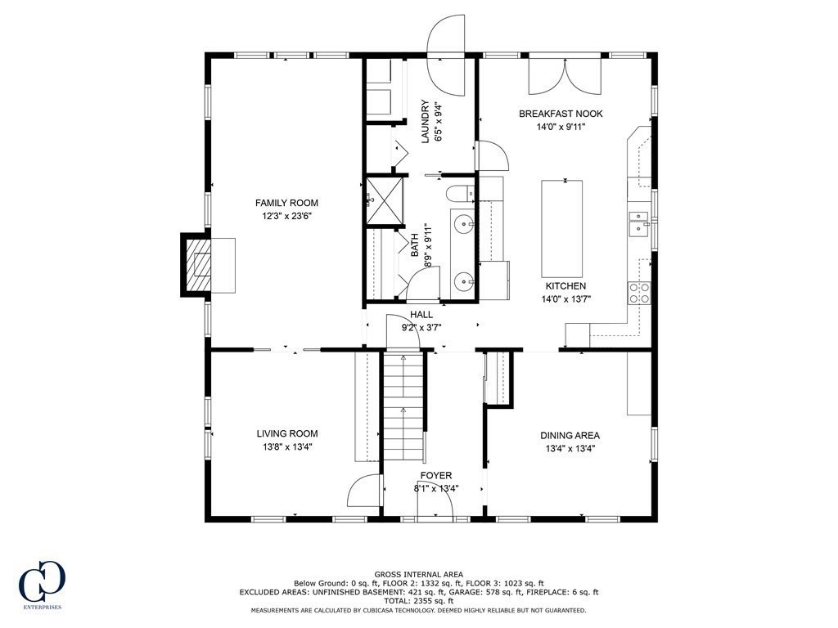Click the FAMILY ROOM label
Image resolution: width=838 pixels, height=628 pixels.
286,203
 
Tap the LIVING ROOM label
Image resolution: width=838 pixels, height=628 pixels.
287,434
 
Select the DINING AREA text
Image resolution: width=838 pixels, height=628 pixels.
570,436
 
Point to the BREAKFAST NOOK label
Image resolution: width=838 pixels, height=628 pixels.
561,114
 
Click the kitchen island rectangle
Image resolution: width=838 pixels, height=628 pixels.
561,227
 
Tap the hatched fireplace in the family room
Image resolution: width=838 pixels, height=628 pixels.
196,264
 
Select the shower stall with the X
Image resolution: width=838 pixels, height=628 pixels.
384,200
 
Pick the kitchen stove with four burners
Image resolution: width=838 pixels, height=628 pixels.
639,293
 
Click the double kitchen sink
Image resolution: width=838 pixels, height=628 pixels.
638,222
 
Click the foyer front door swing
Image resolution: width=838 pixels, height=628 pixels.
435,501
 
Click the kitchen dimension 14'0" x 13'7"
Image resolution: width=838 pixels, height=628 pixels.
566,299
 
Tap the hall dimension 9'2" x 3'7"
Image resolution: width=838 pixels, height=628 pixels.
421,328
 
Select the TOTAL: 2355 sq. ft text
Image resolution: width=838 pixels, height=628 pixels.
418,601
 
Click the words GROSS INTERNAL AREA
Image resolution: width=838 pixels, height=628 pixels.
418,575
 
